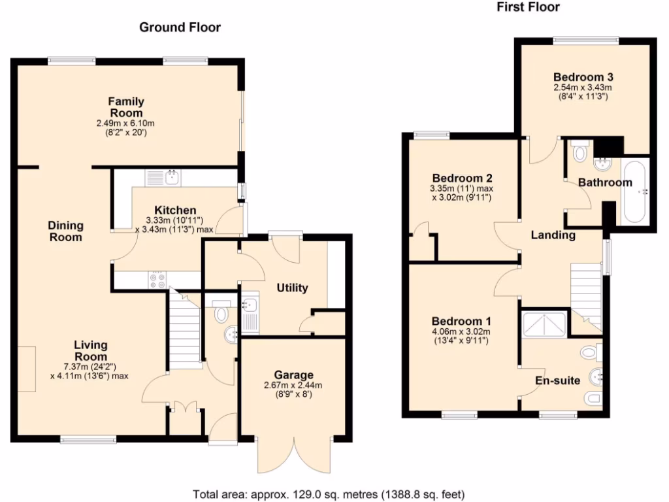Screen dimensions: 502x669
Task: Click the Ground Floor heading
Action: tap(180, 27)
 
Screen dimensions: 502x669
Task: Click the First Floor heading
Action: tap(528, 7)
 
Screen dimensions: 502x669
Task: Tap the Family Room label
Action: tap(126, 107)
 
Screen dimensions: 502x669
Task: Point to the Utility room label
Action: tap(292, 288)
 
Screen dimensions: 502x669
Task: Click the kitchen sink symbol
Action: tap(172, 176)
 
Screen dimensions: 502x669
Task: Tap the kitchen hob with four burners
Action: tap(157, 280)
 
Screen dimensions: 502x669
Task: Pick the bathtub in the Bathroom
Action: tap(635, 191)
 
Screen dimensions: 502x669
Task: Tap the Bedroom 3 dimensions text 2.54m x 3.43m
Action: tap(581, 88)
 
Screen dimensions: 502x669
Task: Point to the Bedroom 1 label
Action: tap(461, 322)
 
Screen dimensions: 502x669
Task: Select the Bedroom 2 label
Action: tap(462, 178)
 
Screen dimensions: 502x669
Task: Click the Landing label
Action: tap(553, 235)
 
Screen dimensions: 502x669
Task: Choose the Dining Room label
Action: tap(65, 231)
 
